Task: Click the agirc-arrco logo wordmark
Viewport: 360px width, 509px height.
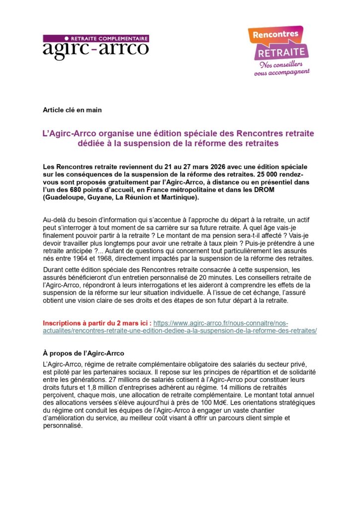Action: point(95,49)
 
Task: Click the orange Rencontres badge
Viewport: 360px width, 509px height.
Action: point(275,35)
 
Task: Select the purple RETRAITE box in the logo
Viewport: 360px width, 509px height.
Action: point(281,52)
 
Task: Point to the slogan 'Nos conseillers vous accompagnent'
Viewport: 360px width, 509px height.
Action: point(281,68)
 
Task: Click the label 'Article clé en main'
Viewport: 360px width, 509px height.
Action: point(73,110)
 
